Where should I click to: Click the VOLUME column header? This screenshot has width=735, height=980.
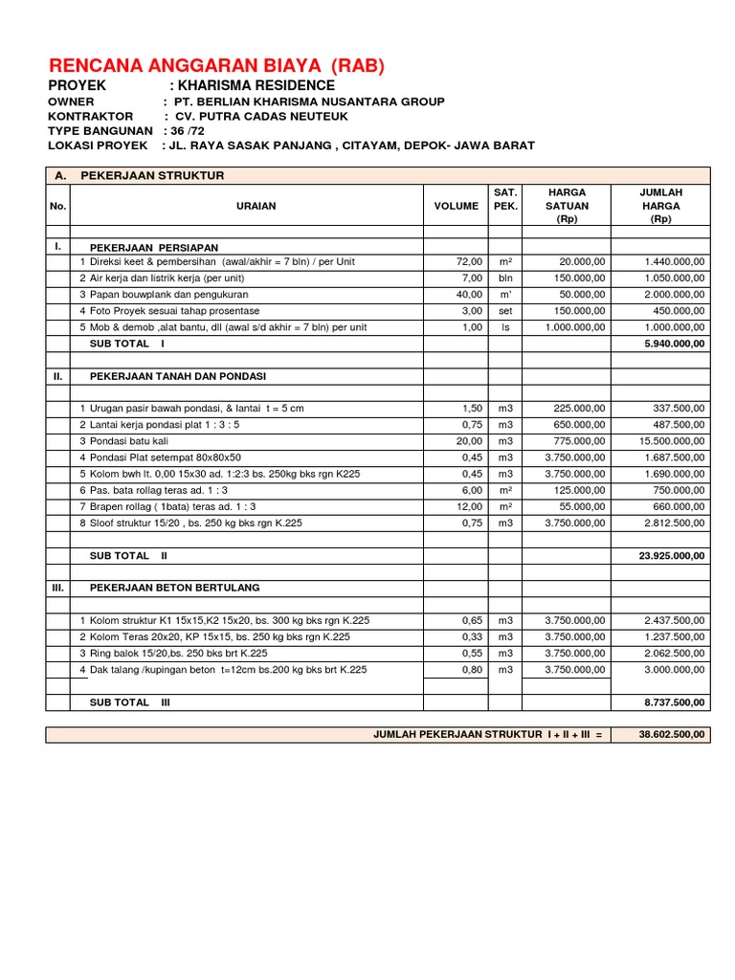tap(457, 206)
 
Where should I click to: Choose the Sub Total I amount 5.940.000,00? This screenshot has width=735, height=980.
tap(673, 343)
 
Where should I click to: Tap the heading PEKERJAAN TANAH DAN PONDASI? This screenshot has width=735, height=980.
tap(177, 376)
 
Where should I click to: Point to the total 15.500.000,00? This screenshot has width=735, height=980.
tap(669, 441)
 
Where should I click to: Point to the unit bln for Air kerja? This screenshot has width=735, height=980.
tap(503, 278)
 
